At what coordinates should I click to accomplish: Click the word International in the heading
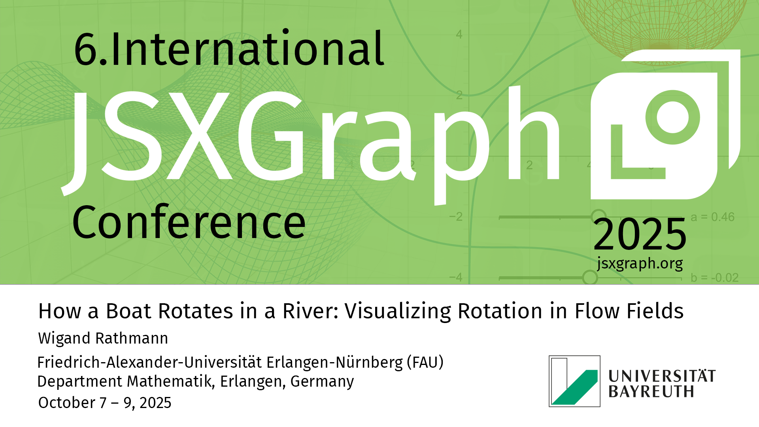point(247,49)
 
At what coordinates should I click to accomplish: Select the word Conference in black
point(189,222)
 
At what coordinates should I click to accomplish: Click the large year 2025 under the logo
point(640,234)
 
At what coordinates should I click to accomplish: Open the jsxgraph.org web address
point(640,263)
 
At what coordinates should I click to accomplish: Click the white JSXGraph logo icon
point(665,124)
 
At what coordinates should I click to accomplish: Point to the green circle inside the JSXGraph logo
point(672,117)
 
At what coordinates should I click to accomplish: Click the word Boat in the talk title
point(130,311)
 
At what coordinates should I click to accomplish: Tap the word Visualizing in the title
point(398,312)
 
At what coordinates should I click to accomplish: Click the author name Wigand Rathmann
point(103,338)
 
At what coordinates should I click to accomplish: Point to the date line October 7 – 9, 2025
point(105,403)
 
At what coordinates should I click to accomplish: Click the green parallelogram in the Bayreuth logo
point(575,387)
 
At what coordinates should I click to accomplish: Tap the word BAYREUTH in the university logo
point(651,391)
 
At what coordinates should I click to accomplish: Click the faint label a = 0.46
point(712,217)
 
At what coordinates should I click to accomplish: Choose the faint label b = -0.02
point(715,278)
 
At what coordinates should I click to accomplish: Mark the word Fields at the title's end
point(629,311)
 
